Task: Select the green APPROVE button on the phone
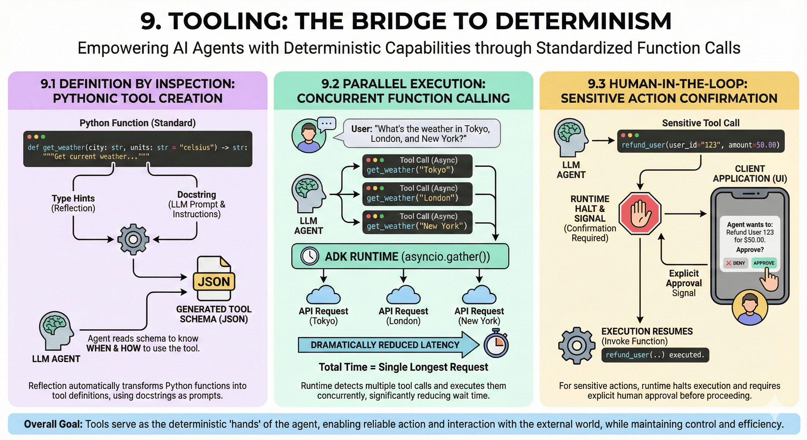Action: click(764, 263)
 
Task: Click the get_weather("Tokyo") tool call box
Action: click(417, 166)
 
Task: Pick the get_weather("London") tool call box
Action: click(417, 194)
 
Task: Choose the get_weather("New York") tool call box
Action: click(417, 222)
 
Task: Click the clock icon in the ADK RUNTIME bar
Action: click(310, 256)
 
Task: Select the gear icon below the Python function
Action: click(133, 239)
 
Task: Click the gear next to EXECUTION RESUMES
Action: click(576, 345)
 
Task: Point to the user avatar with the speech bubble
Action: click(309, 135)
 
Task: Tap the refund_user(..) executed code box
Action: click(655, 355)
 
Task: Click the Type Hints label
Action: click(73, 198)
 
